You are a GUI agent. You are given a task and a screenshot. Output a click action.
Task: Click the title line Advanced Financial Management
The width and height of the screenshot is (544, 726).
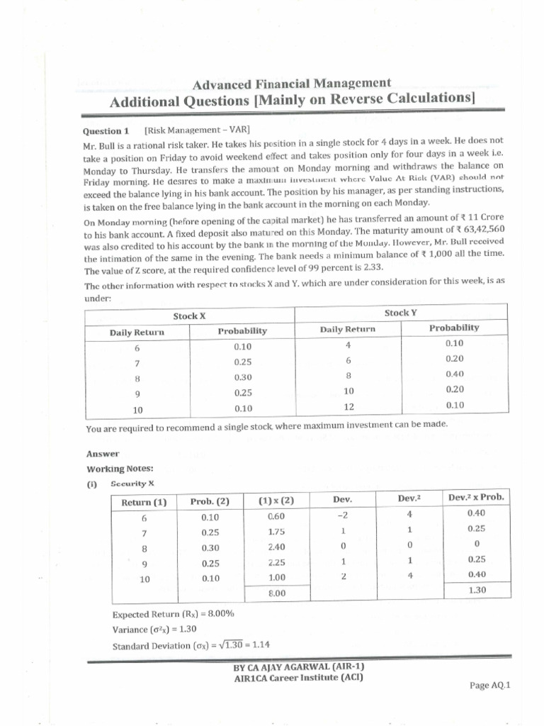coord(292,84)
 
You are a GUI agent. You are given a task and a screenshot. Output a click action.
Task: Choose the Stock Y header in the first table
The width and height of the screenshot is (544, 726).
coord(400,313)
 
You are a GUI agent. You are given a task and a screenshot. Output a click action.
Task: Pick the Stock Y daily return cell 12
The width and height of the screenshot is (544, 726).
coord(348,407)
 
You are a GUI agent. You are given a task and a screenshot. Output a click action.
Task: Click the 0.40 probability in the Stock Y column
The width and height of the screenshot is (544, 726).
coord(454,374)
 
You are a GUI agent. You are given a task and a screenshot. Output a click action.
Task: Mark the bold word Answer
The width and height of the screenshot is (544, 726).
coord(103,454)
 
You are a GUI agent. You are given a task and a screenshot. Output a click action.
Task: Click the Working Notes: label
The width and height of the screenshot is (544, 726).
coord(120,469)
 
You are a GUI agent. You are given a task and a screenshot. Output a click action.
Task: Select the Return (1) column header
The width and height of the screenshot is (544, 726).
coord(144,502)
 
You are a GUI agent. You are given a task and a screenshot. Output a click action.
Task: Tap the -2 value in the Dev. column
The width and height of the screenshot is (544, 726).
coord(342,515)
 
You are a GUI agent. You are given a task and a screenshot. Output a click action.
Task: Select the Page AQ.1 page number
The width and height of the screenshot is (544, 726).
coord(489,685)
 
